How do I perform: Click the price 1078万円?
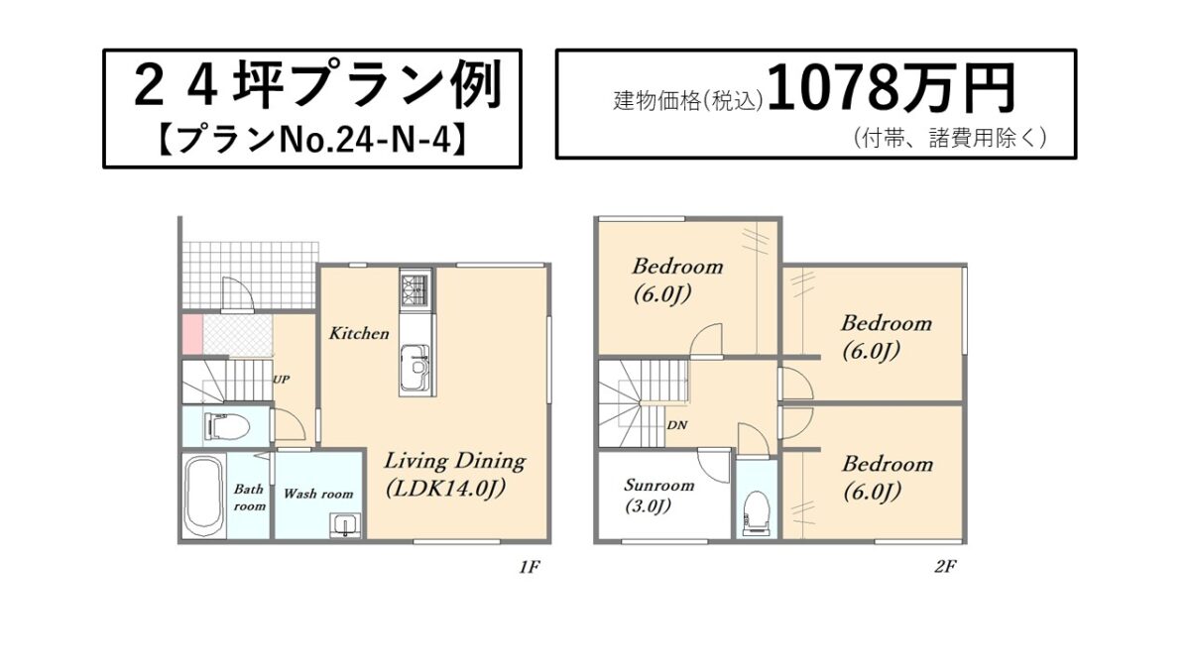pyautogui.click(x=891, y=88)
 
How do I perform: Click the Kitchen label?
pyautogui.click(x=359, y=333)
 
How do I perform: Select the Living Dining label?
pyautogui.click(x=455, y=461)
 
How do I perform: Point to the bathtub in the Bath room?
pyautogui.click(x=203, y=494)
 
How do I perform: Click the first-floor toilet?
pyautogui.click(x=227, y=425)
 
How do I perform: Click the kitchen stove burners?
pyautogui.click(x=416, y=288)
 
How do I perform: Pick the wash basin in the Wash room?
pyautogui.click(x=346, y=524)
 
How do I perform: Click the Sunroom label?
pyautogui.click(x=658, y=485)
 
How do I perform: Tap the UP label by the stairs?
pyautogui.click(x=281, y=380)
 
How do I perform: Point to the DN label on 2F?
pyautogui.click(x=677, y=425)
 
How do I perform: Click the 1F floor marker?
pyautogui.click(x=530, y=568)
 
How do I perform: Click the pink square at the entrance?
pyautogui.click(x=192, y=334)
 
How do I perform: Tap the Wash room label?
pyautogui.click(x=318, y=494)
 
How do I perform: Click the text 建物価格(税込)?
pyautogui.click(x=688, y=101)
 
